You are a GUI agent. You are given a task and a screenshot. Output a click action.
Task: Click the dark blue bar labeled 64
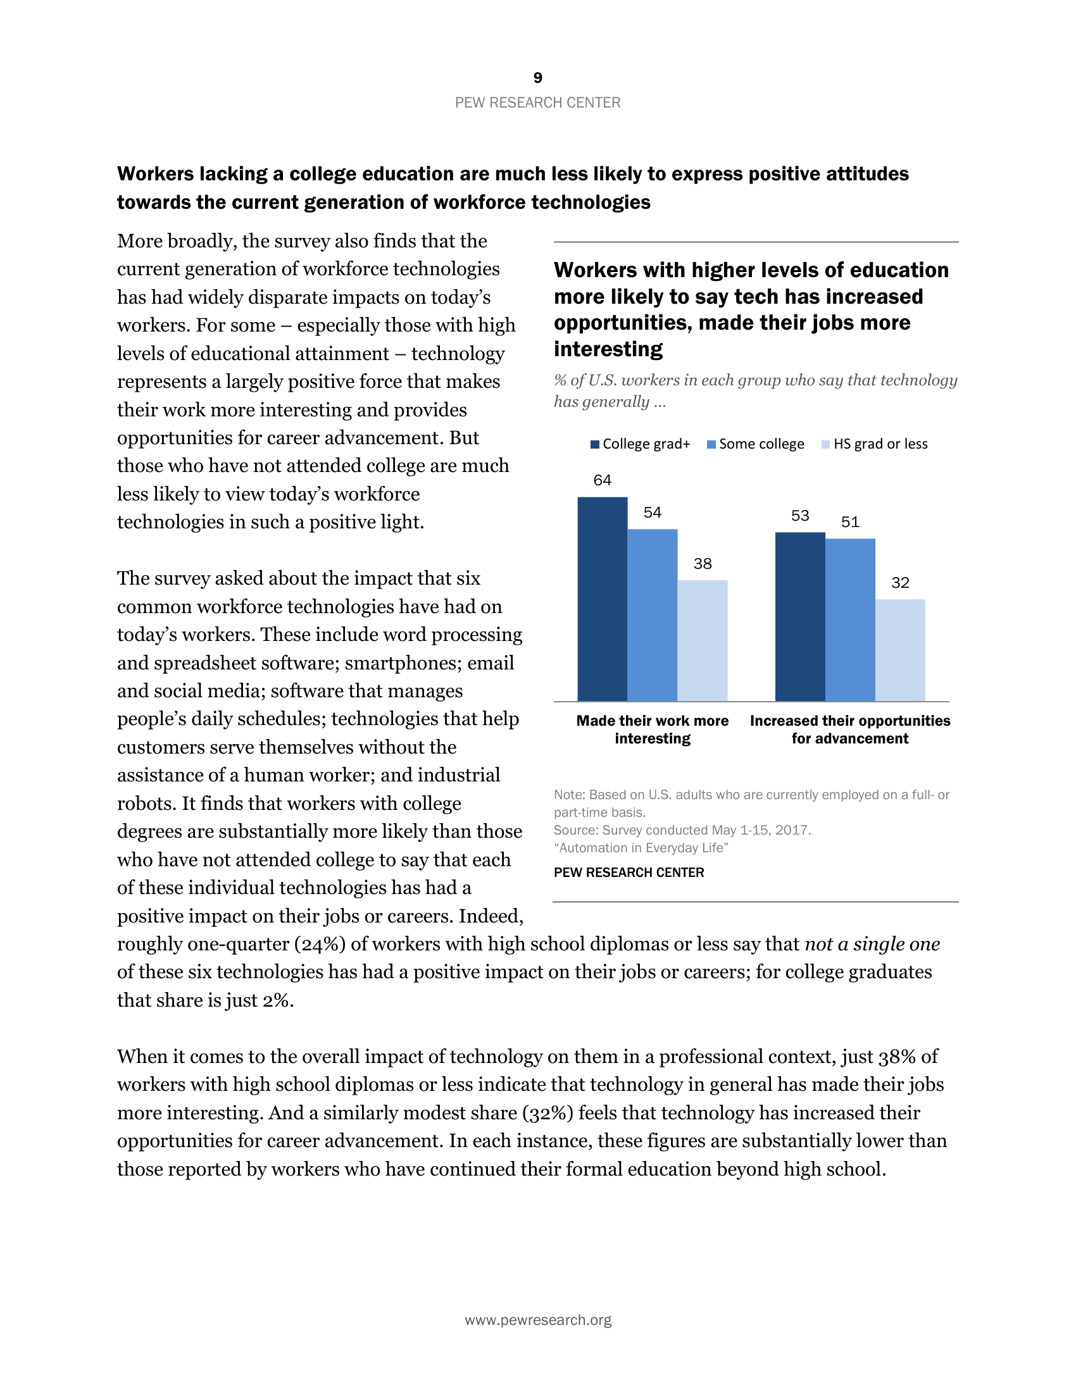click(603, 599)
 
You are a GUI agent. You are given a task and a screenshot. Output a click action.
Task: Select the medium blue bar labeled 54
click(652, 614)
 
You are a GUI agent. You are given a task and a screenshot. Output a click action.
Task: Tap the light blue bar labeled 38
click(702, 640)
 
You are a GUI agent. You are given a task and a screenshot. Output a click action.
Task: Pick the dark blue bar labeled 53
click(800, 616)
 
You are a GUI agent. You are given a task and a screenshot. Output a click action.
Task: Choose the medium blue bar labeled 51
click(849, 619)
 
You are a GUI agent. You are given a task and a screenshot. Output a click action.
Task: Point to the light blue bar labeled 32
click(899, 649)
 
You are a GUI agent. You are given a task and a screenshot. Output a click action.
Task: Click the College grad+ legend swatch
click(595, 444)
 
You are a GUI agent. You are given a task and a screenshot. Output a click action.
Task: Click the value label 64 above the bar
click(603, 480)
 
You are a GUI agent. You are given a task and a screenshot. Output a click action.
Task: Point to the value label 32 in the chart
click(899, 583)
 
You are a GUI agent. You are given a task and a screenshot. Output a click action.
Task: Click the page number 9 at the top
click(537, 78)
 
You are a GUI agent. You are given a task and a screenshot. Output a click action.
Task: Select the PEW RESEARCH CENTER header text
click(537, 103)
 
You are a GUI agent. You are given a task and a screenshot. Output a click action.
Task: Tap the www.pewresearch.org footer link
click(537, 1320)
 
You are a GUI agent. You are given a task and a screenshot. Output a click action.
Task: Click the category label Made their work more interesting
click(652, 730)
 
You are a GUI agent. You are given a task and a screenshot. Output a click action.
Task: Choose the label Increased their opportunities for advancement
click(849, 730)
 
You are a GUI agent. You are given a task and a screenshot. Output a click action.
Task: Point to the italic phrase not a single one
click(872, 944)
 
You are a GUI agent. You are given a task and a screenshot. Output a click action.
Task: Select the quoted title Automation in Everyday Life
click(641, 848)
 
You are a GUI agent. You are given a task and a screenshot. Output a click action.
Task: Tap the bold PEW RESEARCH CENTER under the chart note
click(629, 873)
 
